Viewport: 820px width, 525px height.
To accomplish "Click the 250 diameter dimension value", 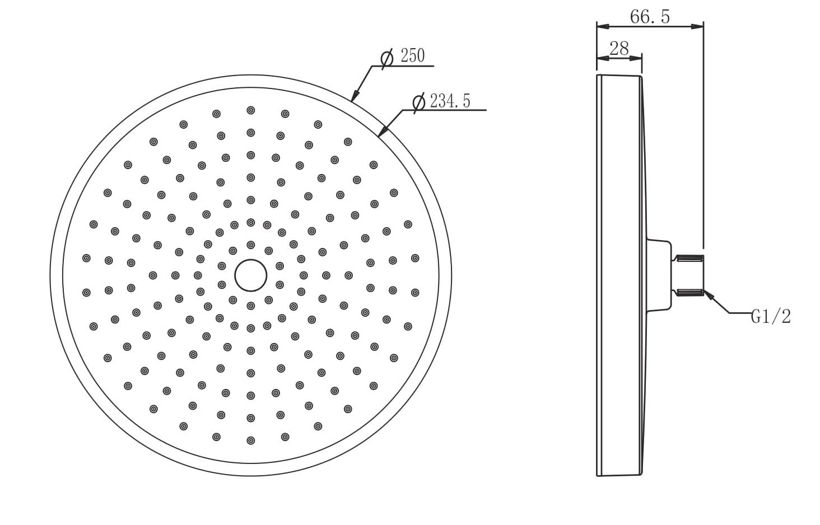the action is coord(413,55).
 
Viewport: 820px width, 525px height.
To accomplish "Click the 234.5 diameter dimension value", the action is coord(450,101).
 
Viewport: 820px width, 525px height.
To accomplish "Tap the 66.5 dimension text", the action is coord(650,17).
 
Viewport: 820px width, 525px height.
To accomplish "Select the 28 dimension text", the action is coord(619,48).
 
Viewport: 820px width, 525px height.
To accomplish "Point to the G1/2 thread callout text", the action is coord(771,316).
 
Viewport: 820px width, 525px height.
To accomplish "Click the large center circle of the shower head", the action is coord(251,275).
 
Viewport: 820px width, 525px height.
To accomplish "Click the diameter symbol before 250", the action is coord(387,59).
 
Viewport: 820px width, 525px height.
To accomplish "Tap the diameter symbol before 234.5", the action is coord(419,102).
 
